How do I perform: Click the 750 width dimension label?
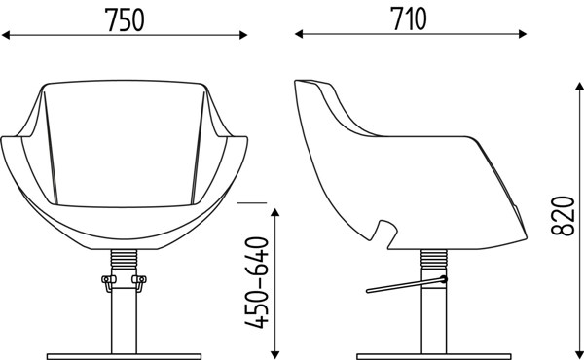125,19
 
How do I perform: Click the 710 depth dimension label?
408,18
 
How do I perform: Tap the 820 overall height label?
563,216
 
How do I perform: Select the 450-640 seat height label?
257,282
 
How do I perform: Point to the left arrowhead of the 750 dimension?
6,35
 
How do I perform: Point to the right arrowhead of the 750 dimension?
243,35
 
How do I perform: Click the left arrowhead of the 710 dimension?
299,34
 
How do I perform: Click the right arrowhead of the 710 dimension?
522,34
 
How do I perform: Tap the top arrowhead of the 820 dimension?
579,86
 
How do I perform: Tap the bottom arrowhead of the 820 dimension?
579,355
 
